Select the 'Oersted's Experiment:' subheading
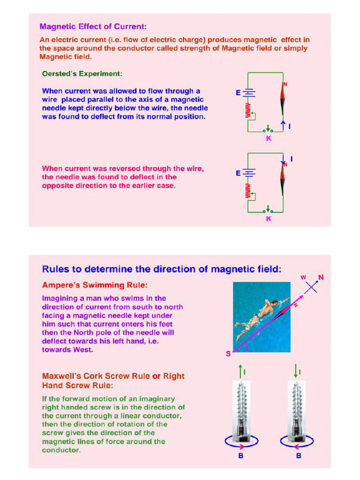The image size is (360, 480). pos(82,74)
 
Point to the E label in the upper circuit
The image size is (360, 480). pos(238,93)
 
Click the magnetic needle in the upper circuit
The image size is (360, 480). pos(283,98)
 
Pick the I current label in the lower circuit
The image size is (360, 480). pos(291,159)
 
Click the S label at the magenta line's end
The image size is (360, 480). pos(228,354)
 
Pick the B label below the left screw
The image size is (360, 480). pos(240,456)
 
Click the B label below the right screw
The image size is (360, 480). pos(299,456)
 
